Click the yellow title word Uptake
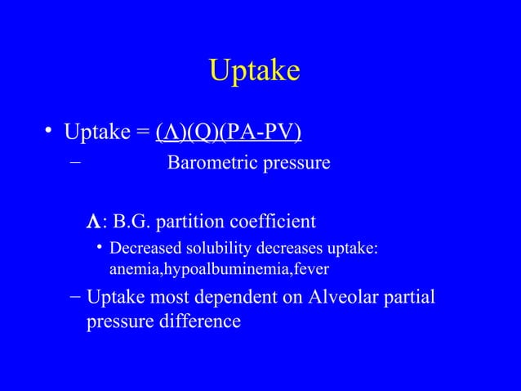tap(254, 71)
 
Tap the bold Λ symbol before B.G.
tap(93, 222)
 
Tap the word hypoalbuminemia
tap(216, 268)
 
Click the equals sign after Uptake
tap(142, 132)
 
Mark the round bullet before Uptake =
tap(49, 131)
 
